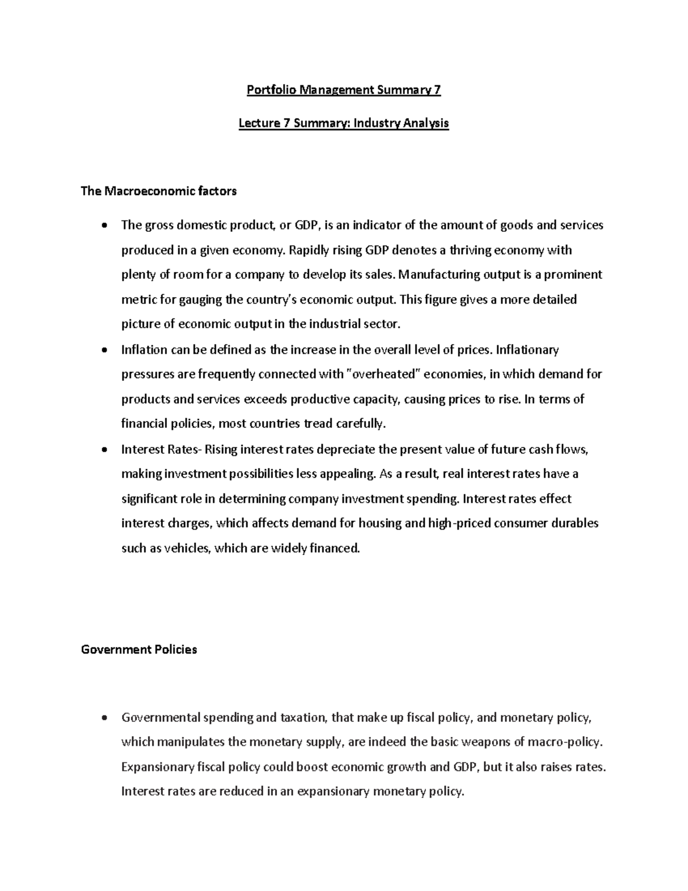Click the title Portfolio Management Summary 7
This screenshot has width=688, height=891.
[343, 90]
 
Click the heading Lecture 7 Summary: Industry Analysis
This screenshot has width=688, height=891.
[343, 123]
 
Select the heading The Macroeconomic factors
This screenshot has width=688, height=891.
[159, 191]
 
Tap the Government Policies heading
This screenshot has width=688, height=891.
[139, 649]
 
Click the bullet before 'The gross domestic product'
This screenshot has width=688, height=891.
[103, 225]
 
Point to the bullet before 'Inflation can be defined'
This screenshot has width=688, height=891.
[103, 350]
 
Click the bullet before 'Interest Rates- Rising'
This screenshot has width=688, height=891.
[103, 450]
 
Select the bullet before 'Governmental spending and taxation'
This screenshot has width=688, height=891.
[103, 718]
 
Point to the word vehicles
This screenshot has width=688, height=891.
[187, 548]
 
